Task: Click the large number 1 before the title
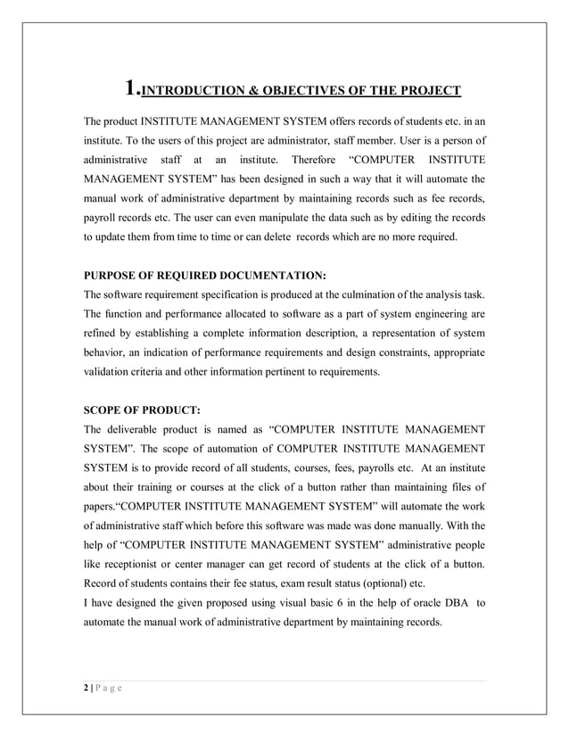coord(131,87)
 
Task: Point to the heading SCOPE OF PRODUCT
coord(142,411)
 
